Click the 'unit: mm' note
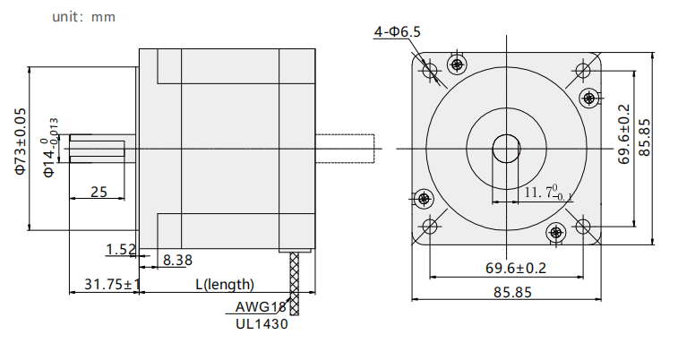point(83,17)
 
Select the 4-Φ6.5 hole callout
point(398,32)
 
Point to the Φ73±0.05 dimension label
point(21,141)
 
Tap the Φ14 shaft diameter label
point(50,148)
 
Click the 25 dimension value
point(99,192)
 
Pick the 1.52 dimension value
point(121,249)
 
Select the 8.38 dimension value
point(177,261)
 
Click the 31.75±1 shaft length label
point(112,285)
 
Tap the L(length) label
point(225,285)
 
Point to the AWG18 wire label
point(261,307)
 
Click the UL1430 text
point(262,323)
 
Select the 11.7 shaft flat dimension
point(548,193)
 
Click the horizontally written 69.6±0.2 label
point(515,268)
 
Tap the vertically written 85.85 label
point(644,137)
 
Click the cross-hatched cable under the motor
point(294,284)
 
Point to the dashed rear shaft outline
point(345,149)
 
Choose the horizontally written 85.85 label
point(512,293)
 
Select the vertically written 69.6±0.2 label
point(624,134)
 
